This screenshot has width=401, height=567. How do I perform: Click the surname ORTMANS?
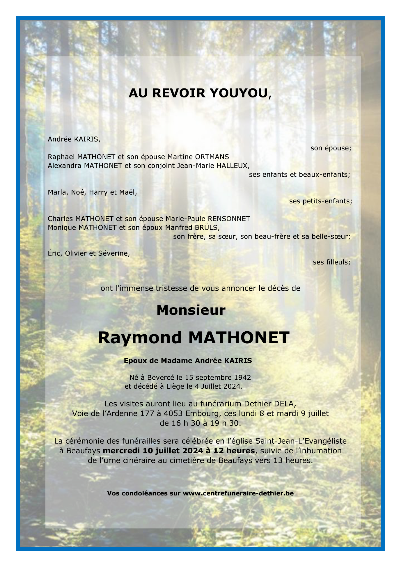click(212, 157)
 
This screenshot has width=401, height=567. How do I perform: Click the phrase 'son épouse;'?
click(331, 148)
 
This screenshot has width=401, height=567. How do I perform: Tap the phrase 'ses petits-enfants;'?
click(320, 201)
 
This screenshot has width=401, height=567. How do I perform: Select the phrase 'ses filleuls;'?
click(331, 262)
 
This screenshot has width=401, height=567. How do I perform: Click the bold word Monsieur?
click(191, 310)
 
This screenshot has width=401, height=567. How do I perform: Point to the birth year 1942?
click(242, 378)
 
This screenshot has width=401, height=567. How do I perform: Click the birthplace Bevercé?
click(160, 378)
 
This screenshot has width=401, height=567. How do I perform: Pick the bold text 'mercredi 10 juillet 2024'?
click(153, 451)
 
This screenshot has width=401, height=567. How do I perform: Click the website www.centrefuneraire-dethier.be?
click(238, 493)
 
